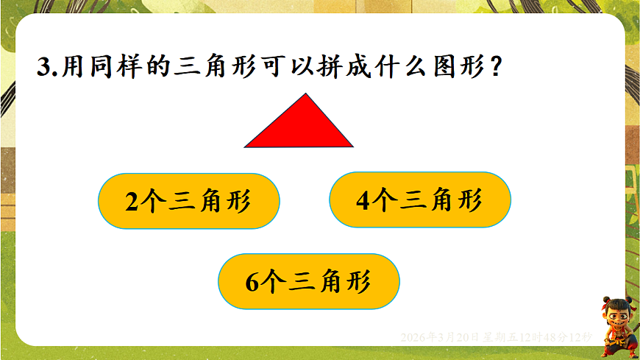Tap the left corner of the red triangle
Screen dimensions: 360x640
click(246, 147)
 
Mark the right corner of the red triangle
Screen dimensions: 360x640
click(352, 145)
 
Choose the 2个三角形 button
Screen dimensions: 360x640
click(188, 201)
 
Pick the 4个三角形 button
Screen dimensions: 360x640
click(419, 200)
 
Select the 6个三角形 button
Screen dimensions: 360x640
click(308, 282)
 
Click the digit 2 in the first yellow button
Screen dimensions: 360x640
click(132, 202)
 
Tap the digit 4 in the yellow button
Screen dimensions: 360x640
click(362, 200)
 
